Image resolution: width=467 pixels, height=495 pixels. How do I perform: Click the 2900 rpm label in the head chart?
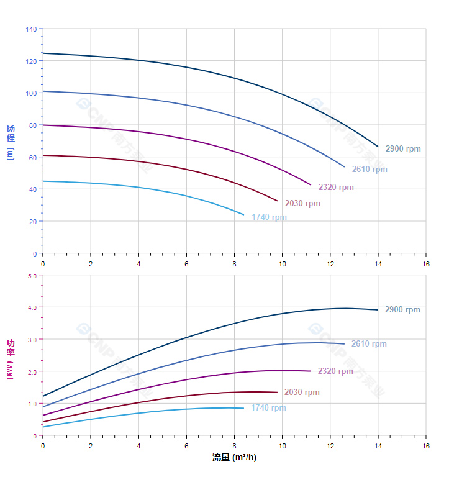click(402, 149)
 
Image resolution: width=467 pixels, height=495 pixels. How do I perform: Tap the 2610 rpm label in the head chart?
click(369, 170)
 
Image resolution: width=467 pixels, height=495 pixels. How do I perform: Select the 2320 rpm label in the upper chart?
click(336, 188)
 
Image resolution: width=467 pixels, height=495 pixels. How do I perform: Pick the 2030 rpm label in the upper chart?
click(302, 204)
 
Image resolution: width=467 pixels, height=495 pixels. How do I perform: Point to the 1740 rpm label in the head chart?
click(269, 217)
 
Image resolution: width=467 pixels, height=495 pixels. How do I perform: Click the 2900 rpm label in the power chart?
click(402, 310)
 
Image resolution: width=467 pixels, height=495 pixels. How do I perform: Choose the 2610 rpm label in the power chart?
click(368, 344)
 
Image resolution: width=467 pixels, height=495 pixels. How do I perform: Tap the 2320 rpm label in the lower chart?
click(335, 371)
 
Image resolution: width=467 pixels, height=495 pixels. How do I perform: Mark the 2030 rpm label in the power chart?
click(302, 393)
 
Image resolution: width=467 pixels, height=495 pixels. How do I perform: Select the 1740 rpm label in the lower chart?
click(268, 408)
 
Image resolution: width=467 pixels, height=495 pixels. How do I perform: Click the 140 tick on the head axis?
click(31, 29)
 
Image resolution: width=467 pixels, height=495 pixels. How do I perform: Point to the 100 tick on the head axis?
click(31, 93)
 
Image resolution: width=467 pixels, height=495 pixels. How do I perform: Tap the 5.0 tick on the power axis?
click(32, 275)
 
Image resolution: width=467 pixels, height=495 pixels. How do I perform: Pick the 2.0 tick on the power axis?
click(32, 371)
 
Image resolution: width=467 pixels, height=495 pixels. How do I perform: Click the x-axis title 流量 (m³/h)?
click(234, 458)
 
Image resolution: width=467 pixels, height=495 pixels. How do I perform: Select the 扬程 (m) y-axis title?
click(10, 142)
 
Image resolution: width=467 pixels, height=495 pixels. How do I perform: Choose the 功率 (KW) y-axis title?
click(10, 359)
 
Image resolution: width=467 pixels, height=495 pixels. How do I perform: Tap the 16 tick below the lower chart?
click(426, 446)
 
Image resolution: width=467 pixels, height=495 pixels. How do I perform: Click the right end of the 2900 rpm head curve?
click(378, 147)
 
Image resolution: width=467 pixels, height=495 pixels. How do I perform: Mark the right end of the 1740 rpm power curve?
click(243, 408)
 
